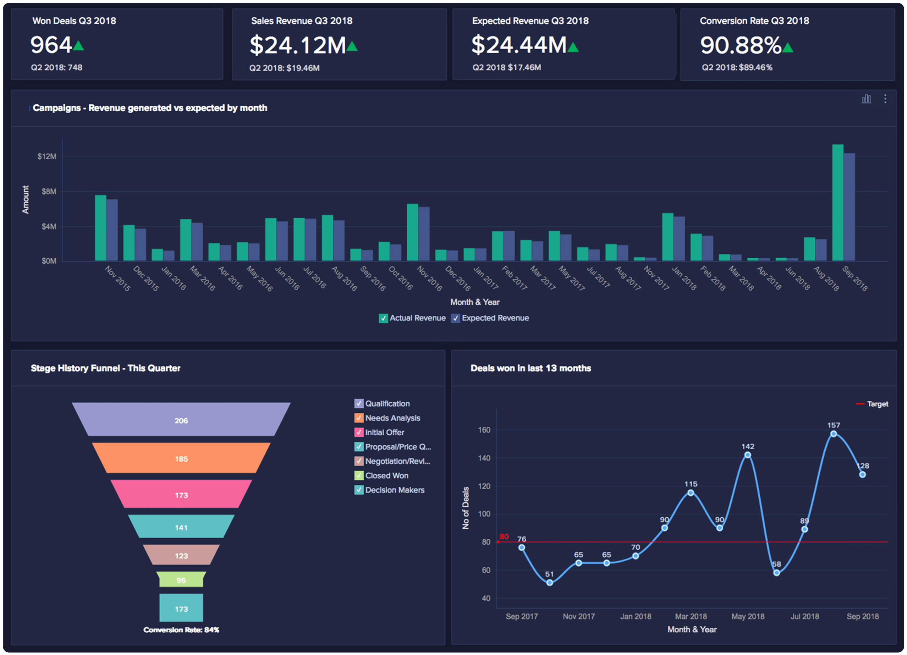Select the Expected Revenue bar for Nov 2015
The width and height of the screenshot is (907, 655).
[112, 230]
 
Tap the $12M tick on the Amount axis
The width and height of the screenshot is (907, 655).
[47, 156]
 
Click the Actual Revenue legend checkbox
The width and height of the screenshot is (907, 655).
[383, 318]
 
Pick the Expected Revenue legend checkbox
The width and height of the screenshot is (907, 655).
[455, 318]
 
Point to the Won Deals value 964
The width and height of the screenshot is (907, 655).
[51, 45]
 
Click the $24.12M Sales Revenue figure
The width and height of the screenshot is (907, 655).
[298, 45]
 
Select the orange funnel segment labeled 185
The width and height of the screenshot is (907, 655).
[181, 458]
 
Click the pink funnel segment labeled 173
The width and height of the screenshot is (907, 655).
[181, 495]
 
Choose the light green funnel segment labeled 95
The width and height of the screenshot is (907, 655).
[181, 580]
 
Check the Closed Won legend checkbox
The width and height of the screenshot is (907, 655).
[359, 475]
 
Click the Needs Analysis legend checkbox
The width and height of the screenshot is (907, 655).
[359, 418]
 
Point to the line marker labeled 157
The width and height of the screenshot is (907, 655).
[834, 434]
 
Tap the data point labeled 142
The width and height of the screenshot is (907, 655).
[747, 455]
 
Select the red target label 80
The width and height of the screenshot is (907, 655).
[504, 536]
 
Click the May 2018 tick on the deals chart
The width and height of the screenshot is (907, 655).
[747, 616]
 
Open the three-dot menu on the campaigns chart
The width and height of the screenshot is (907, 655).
[885, 99]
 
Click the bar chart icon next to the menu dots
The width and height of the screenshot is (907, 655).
[866, 99]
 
